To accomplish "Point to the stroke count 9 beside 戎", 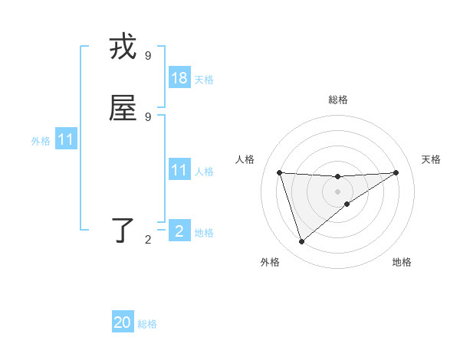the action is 148,55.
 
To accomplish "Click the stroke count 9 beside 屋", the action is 148,116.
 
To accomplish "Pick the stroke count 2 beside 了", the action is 148,240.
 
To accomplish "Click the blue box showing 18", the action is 179,77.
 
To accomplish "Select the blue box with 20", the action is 123,322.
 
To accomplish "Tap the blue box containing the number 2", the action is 179,231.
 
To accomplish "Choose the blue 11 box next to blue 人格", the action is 179,170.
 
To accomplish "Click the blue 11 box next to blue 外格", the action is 66,139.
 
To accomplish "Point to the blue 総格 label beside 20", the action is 147,324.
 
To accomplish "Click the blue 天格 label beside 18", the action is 204,79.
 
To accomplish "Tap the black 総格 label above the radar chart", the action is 338,100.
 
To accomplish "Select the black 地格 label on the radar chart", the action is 402,262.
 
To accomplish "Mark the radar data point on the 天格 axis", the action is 396,172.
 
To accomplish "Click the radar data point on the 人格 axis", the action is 280,172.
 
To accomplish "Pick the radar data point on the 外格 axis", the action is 301,242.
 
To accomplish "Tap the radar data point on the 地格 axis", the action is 347,204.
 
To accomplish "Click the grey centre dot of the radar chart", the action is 338,191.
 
